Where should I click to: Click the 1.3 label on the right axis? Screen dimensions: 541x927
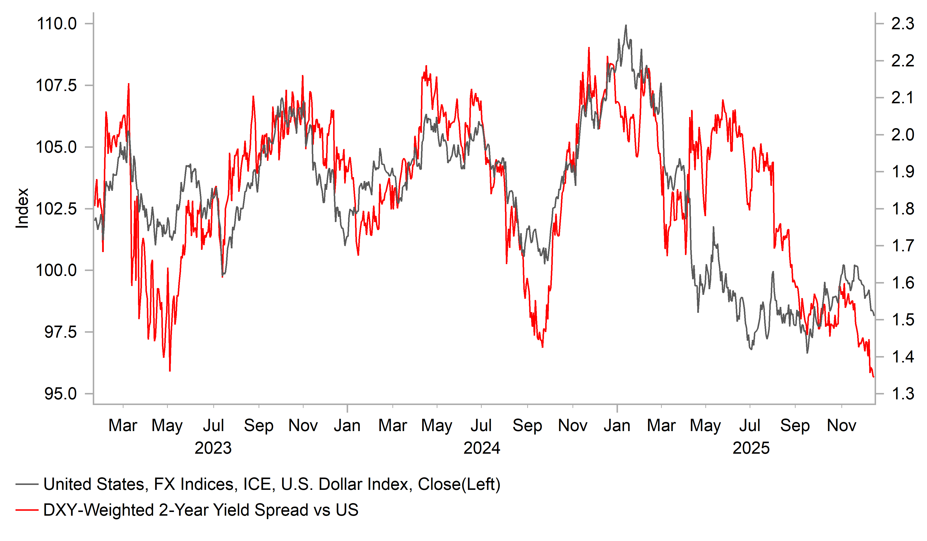(x=903, y=394)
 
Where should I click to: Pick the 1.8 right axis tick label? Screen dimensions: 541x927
(x=903, y=209)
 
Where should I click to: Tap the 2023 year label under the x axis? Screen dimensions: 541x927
(x=213, y=448)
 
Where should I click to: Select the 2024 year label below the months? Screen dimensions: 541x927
(x=482, y=448)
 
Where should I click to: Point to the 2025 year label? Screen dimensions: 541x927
(x=751, y=448)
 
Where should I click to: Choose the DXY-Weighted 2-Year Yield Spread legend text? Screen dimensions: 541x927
(x=201, y=510)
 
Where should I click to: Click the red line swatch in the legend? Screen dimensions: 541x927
(x=27, y=510)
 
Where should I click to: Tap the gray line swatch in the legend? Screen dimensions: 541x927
(x=27, y=484)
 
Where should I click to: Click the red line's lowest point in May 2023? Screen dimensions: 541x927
(x=170, y=371)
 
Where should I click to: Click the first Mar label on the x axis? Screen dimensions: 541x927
(x=123, y=426)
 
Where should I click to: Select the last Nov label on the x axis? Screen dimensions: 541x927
(x=842, y=426)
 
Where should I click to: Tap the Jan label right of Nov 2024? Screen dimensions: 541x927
(x=617, y=426)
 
